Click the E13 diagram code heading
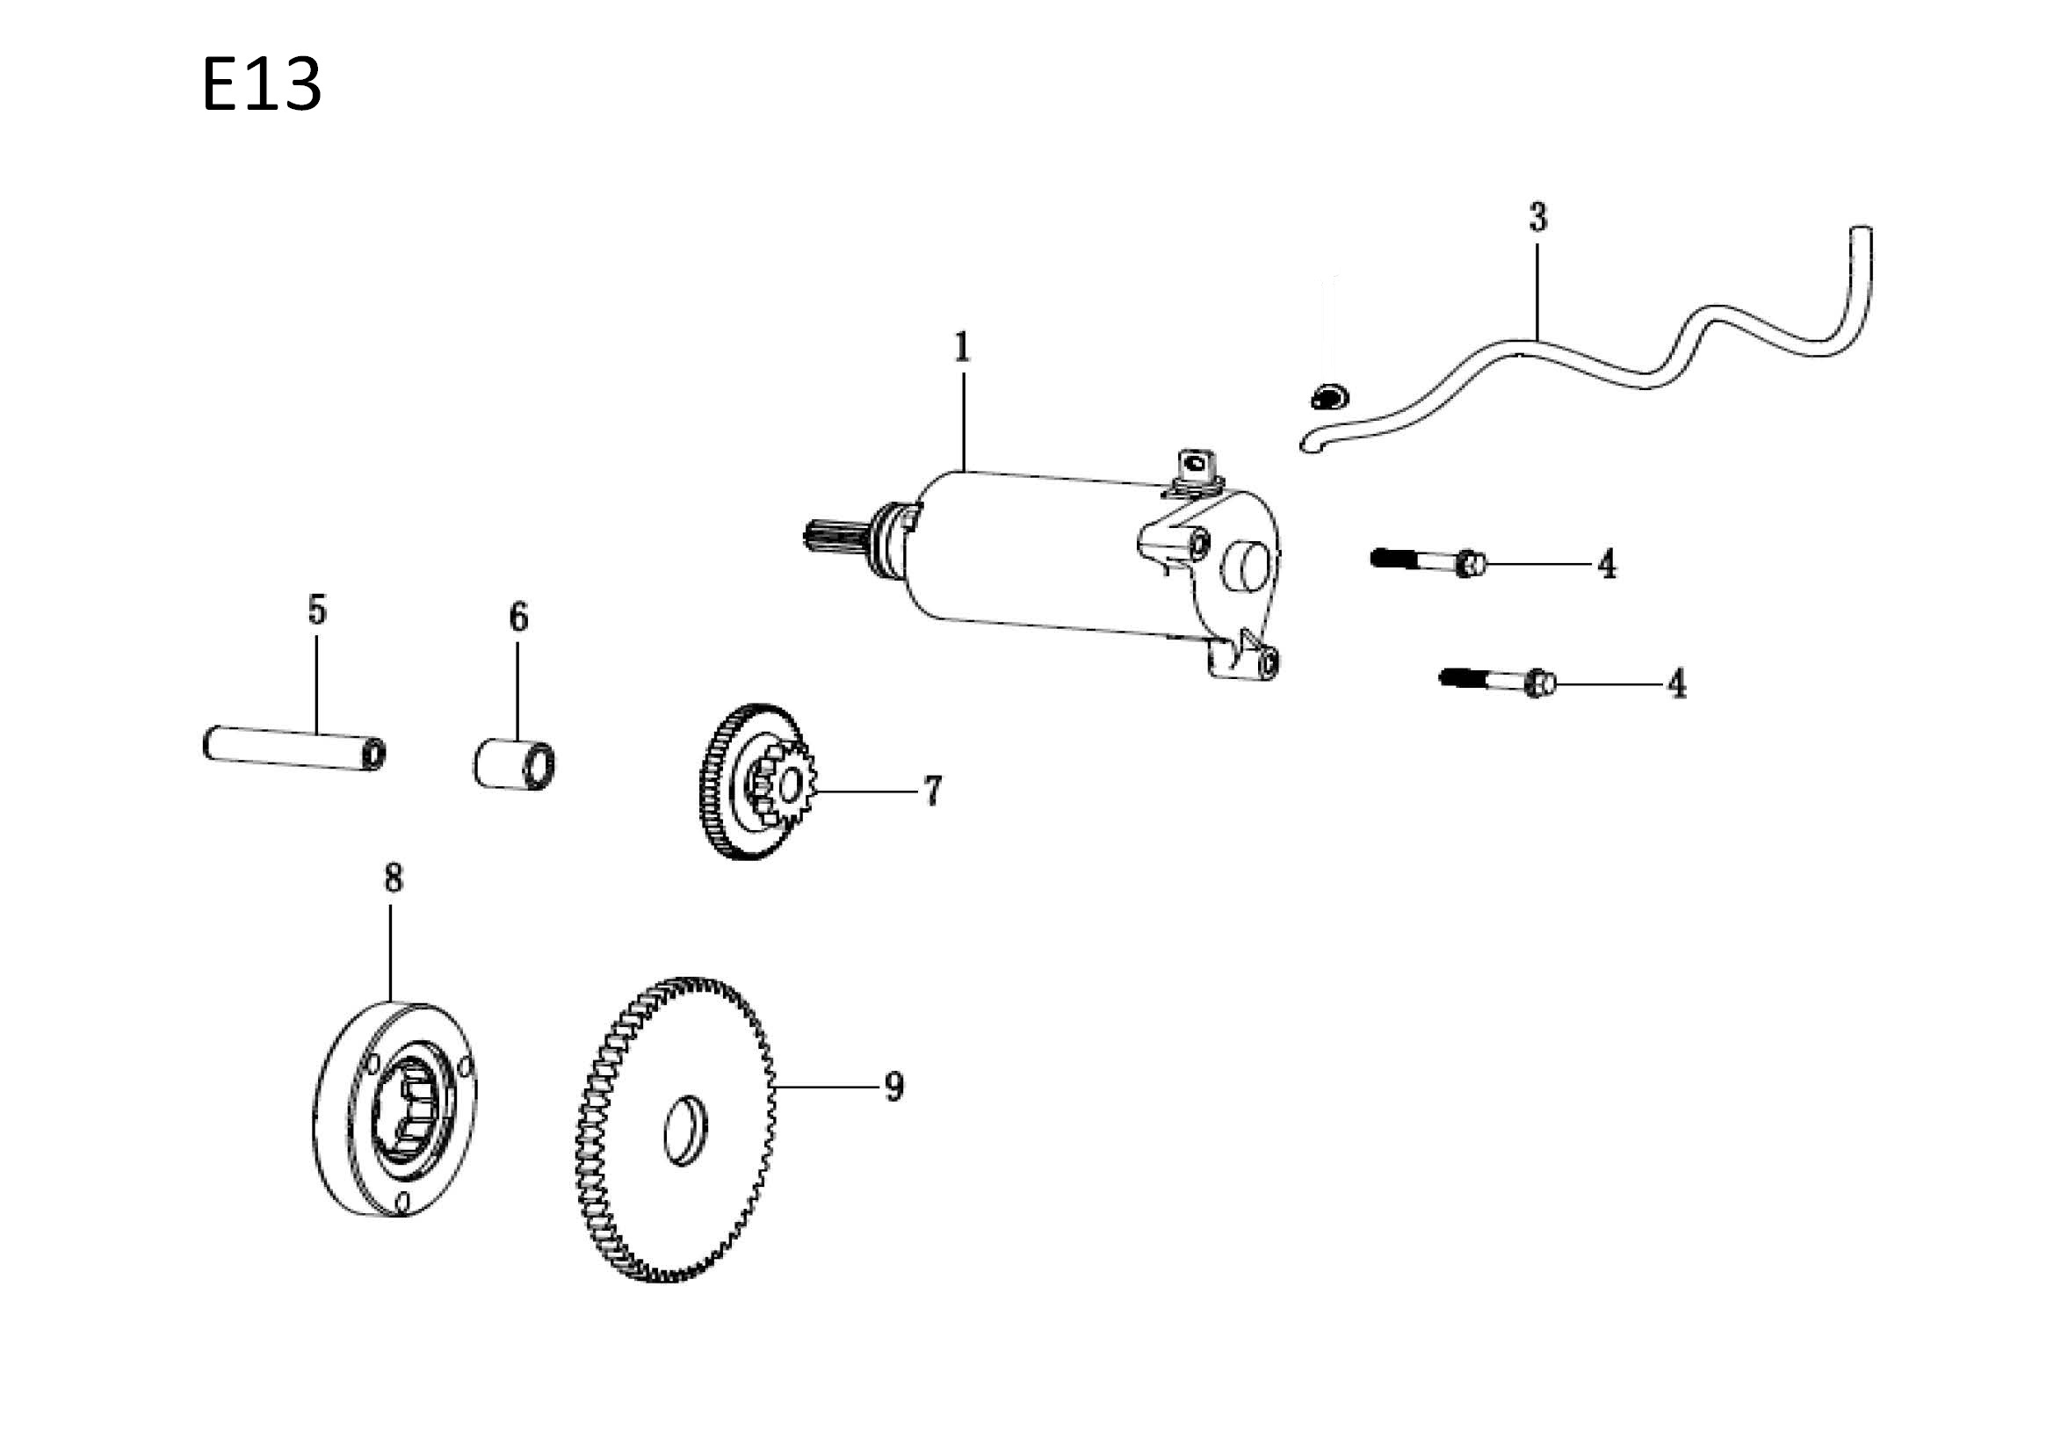(261, 85)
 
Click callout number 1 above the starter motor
(962, 347)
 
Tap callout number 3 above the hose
(1537, 217)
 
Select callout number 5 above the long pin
(316, 610)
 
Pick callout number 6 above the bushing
(519, 617)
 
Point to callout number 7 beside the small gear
(932, 791)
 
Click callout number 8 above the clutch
(394, 878)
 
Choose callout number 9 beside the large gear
(893, 1087)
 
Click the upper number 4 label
(1607, 565)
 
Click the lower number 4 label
(1676, 684)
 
